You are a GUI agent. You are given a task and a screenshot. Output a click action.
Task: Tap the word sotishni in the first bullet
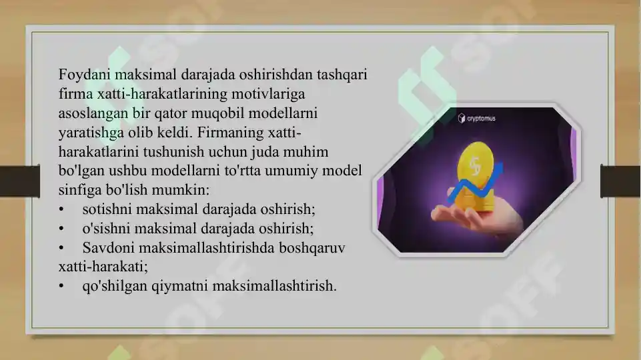coord(107,209)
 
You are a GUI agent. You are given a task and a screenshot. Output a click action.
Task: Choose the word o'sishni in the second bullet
coord(107,229)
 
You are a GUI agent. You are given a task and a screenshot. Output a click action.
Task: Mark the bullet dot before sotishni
coord(61,210)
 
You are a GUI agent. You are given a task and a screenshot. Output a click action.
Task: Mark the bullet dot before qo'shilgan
coord(61,287)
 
